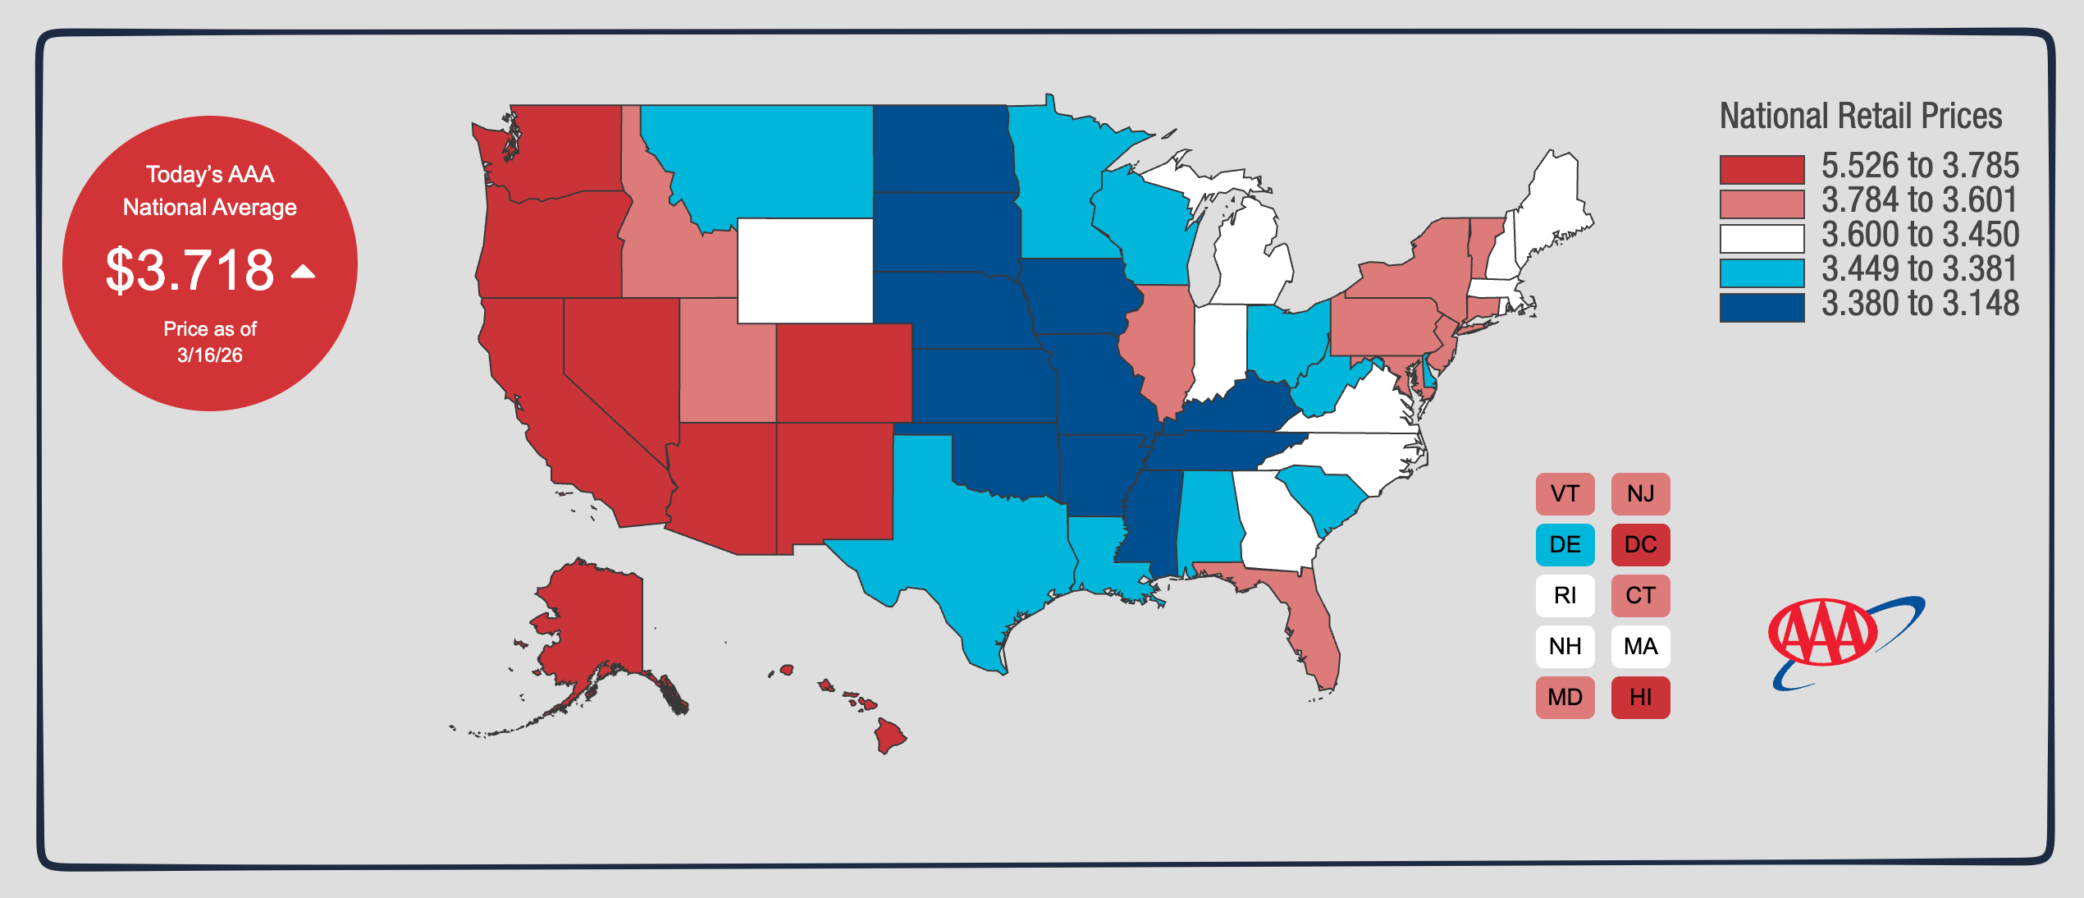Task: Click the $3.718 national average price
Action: [190, 270]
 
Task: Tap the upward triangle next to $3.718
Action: [303, 272]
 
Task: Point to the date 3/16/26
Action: [210, 355]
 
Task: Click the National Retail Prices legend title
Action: [1860, 117]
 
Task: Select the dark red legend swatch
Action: [1762, 169]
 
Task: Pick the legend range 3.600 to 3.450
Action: [1920, 236]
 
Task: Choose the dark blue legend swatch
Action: [1762, 307]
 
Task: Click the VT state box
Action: [1565, 494]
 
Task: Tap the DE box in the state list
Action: [1565, 545]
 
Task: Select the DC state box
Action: [1640, 545]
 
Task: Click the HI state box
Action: [1640, 698]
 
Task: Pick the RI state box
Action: [1565, 596]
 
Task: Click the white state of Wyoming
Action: [805, 271]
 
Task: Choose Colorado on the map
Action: [843, 373]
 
